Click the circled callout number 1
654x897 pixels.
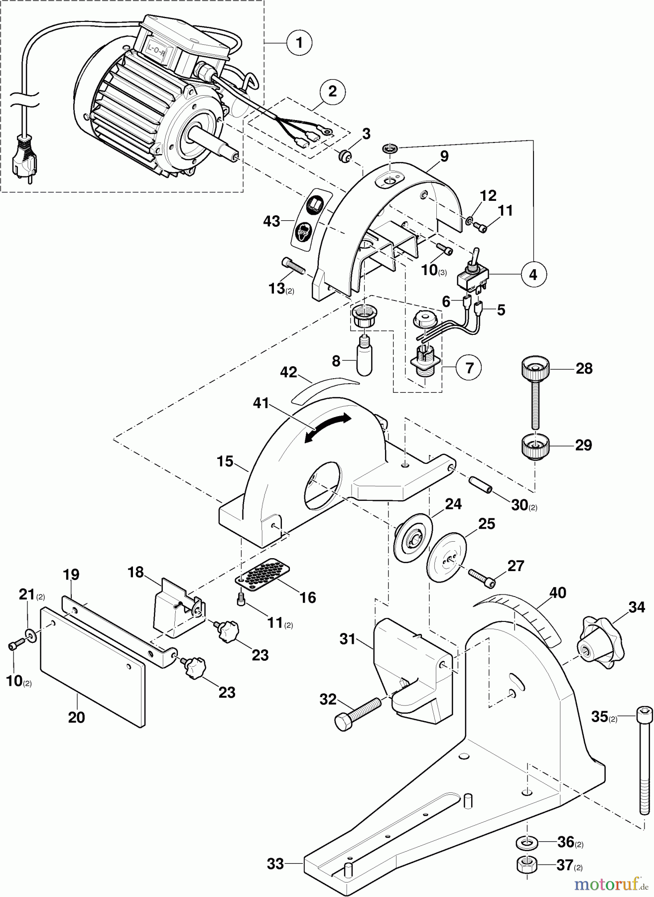[299, 43]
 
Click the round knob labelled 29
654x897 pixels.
[535, 445]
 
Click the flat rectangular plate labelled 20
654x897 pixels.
[93, 665]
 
